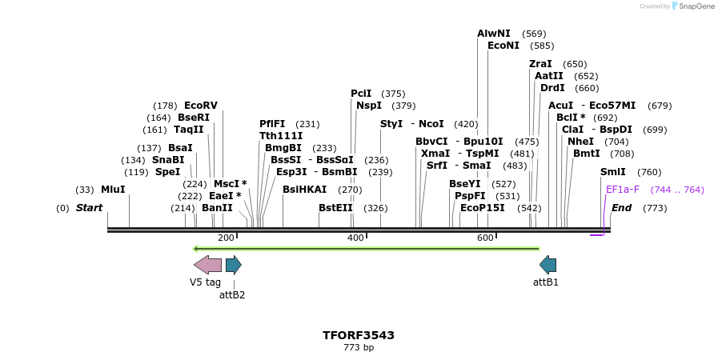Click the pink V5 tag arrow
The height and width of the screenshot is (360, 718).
point(207,265)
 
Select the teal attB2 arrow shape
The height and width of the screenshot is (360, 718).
point(233,265)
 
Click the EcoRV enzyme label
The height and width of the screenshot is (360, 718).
point(201,106)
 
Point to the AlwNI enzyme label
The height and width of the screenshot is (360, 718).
point(493,34)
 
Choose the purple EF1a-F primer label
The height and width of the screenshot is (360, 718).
point(623,190)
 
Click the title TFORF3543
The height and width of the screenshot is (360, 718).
point(359,335)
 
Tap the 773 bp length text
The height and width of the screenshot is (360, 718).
point(359,348)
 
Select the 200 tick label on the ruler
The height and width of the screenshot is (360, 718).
point(226,238)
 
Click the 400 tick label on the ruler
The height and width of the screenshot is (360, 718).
point(355,238)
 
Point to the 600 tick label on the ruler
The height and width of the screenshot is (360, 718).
point(485,238)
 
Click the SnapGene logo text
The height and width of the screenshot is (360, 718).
point(696,6)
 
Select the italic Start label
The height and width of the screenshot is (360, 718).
point(90,208)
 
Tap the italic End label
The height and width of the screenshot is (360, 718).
point(622,208)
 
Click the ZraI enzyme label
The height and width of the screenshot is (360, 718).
point(540,64)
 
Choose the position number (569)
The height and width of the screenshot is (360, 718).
point(534,34)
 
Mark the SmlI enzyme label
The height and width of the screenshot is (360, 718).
point(613,172)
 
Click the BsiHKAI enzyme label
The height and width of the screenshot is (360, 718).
point(304,190)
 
